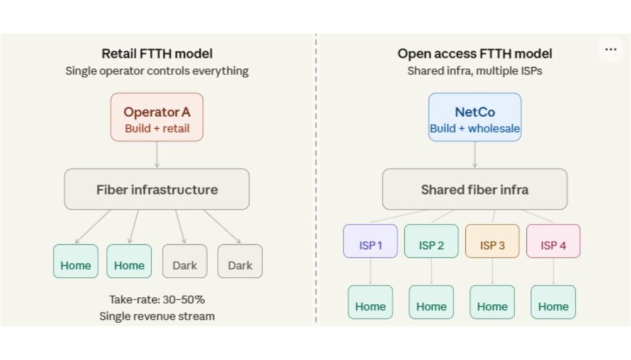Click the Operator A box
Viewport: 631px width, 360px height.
tap(157, 117)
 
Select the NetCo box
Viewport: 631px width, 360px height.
tap(474, 117)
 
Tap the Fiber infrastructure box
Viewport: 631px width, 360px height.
tap(157, 189)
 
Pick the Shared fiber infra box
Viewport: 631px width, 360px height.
tap(474, 189)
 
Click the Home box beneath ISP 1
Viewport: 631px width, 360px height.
tap(370, 302)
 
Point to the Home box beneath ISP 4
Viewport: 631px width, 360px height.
tap(553, 302)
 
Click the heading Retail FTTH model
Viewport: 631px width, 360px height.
tap(157, 54)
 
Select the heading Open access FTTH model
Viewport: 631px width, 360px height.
tap(474, 54)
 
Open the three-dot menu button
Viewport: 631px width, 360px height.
tap(611, 50)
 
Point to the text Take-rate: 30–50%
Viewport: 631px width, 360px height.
tap(157, 300)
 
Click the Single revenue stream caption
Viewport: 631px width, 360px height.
tap(157, 316)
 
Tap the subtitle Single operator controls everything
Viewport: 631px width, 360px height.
tap(157, 71)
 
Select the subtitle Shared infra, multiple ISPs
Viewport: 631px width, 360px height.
tap(474, 71)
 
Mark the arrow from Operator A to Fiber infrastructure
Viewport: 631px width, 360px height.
tap(157, 155)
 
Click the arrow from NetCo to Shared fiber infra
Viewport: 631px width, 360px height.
tap(474, 155)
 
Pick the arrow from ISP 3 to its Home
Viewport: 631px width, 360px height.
tap(492, 271)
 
